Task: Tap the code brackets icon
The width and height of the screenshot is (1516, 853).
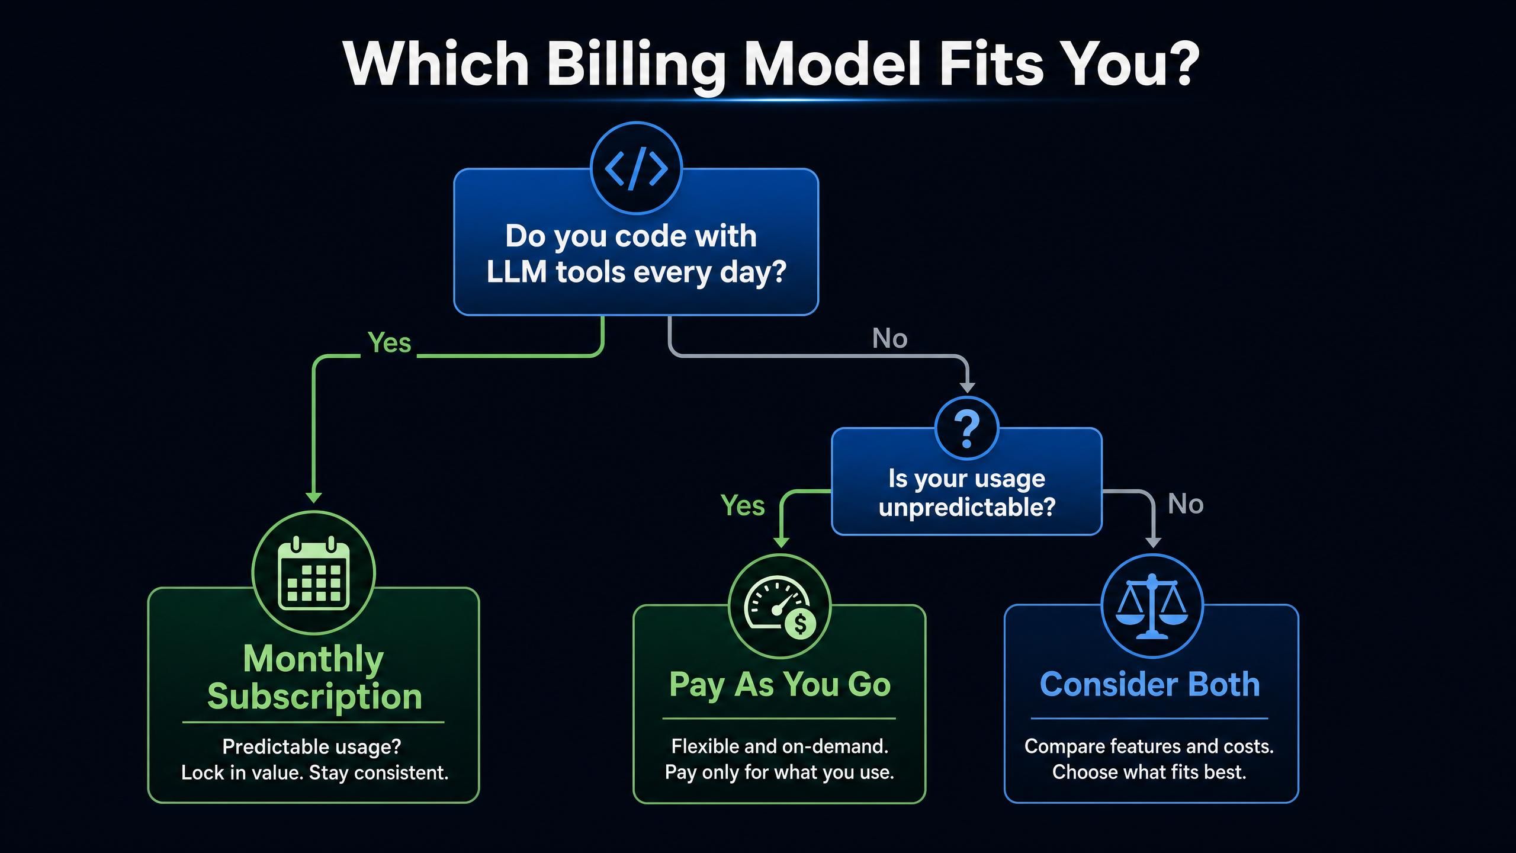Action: coord(636,169)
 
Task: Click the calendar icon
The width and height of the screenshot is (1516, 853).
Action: coord(313,573)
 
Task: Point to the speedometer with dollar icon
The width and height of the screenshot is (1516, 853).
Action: coord(780,607)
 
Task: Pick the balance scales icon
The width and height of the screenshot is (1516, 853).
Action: coord(1152,606)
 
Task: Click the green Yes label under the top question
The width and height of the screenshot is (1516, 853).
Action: coord(389,342)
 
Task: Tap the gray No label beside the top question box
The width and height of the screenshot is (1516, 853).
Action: coord(889,338)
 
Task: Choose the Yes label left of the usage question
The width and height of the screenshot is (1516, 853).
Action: coord(743,505)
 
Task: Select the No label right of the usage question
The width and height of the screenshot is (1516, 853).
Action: coord(1186,504)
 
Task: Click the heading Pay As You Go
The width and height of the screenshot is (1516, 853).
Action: coord(780,685)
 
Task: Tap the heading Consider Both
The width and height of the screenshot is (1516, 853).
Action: coord(1150,684)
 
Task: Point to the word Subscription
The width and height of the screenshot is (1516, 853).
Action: coord(314,697)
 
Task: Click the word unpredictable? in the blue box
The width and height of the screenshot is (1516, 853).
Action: coord(967,508)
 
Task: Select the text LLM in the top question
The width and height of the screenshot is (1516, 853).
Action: coord(516,272)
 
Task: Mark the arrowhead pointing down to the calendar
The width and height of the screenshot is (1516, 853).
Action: coord(314,497)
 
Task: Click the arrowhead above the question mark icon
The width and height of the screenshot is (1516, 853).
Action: coord(967,387)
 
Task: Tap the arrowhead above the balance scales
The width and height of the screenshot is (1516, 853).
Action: coord(1152,542)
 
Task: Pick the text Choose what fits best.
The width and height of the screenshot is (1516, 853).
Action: coord(1149,772)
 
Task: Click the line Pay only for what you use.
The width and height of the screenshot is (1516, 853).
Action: coord(779,772)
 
